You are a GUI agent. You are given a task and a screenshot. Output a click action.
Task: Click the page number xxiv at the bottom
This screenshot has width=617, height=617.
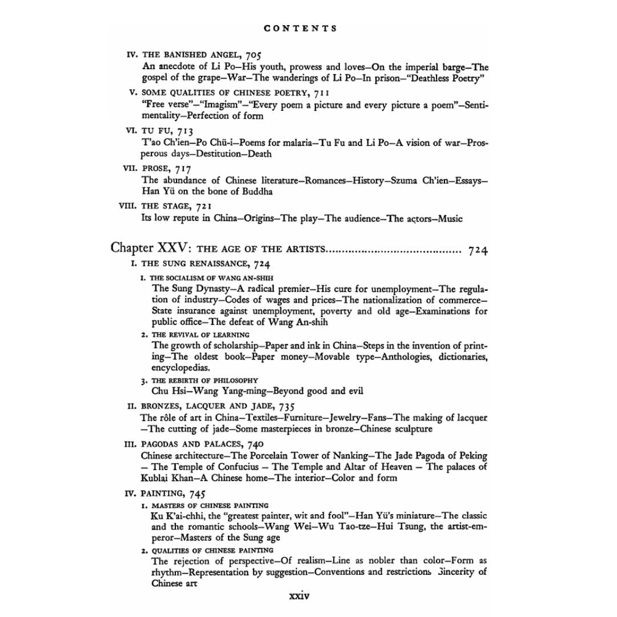pyautogui.click(x=299, y=595)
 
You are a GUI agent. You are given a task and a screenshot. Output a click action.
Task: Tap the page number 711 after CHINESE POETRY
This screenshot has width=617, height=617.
pyautogui.click(x=320, y=93)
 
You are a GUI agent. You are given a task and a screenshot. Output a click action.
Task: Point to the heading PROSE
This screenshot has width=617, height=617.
pyautogui.click(x=155, y=169)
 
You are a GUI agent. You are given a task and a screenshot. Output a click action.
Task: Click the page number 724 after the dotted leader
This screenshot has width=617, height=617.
pyautogui.click(x=477, y=250)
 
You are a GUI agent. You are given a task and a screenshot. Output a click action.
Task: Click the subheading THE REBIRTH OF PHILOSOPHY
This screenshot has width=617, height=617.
pyautogui.click(x=205, y=380)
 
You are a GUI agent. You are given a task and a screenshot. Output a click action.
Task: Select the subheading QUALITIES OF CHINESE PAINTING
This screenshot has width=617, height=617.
pyautogui.click(x=213, y=550)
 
